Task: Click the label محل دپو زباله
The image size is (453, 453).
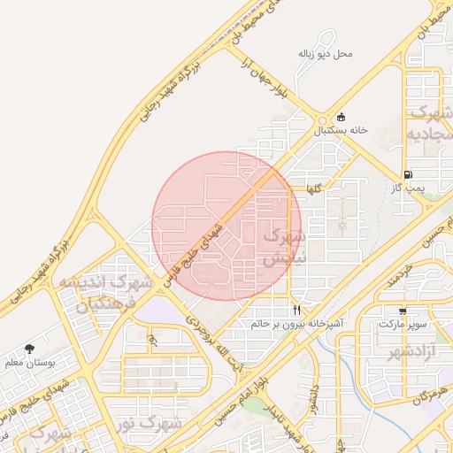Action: tap(325, 54)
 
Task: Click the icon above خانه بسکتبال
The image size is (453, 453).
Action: tap(343, 116)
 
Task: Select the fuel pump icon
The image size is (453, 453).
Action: tap(407, 174)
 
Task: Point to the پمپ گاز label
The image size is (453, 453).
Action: tap(410, 188)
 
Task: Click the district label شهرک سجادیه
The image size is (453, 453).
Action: tap(430, 123)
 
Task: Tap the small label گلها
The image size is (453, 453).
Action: tap(316, 189)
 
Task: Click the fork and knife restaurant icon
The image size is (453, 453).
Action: tap(296, 311)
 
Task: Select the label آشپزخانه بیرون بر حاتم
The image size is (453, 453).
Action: tap(296, 325)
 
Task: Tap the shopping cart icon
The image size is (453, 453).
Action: tap(403, 311)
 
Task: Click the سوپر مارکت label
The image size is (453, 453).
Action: tap(403, 325)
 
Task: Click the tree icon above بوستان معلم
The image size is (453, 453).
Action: tap(30, 349)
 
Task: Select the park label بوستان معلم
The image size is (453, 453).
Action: tap(30, 363)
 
